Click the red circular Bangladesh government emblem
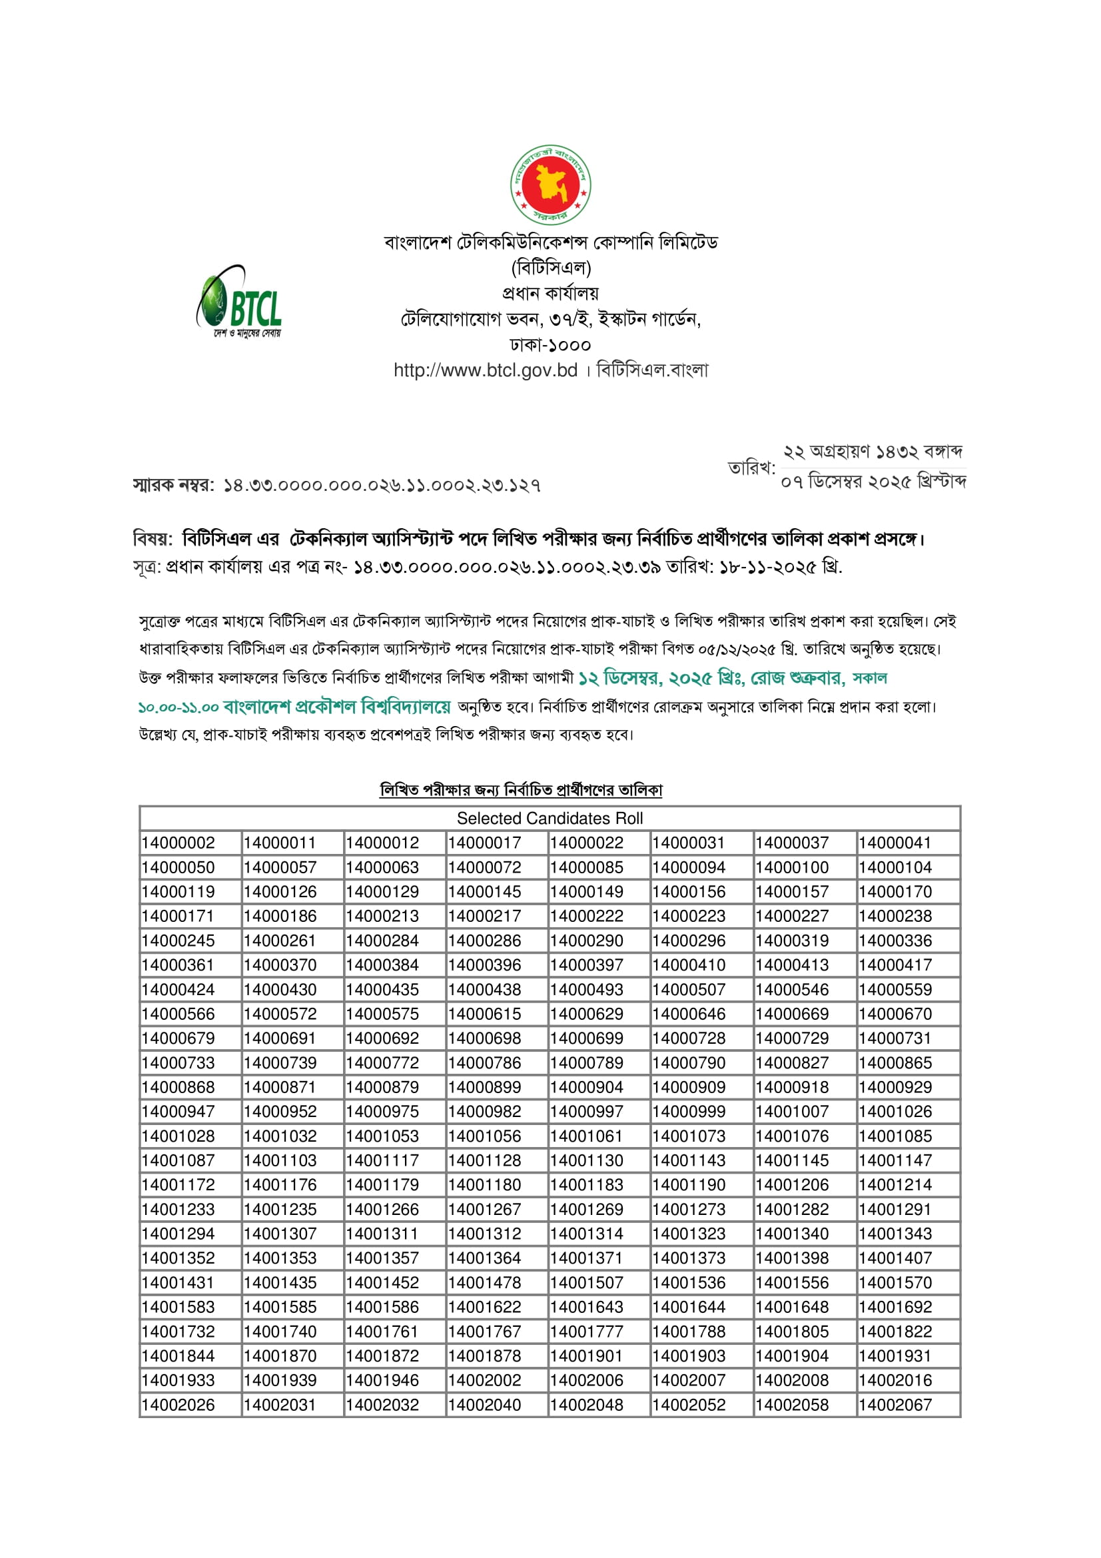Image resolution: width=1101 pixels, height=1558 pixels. click(x=550, y=185)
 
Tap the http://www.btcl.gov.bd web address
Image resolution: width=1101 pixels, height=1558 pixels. click(x=485, y=370)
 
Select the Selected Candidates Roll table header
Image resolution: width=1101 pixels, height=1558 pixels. click(x=550, y=819)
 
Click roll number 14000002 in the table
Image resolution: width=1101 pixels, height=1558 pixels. click(x=179, y=843)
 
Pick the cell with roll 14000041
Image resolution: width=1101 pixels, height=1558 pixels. click(x=895, y=843)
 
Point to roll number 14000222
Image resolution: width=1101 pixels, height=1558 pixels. click(x=586, y=916)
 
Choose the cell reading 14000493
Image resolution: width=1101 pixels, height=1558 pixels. click(x=586, y=989)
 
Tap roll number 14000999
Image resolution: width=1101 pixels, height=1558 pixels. click(x=689, y=1112)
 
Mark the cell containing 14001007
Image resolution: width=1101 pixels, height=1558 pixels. click(x=792, y=1112)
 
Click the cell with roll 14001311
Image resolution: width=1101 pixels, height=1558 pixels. click(x=382, y=1234)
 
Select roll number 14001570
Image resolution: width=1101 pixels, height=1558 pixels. click(x=895, y=1282)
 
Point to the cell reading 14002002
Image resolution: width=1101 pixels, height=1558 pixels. click(x=484, y=1380)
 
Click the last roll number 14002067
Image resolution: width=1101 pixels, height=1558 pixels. click(x=895, y=1405)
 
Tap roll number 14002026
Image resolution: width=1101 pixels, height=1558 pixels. click(x=179, y=1405)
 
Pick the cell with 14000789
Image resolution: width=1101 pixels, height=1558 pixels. click(x=586, y=1062)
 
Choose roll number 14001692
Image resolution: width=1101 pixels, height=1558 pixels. click(x=895, y=1307)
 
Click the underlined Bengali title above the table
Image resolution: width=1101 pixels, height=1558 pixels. click(x=521, y=790)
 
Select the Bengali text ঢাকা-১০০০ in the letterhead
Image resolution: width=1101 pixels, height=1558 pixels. click(x=550, y=345)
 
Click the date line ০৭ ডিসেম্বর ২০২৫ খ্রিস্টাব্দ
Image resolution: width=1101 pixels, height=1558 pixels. click(x=873, y=482)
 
